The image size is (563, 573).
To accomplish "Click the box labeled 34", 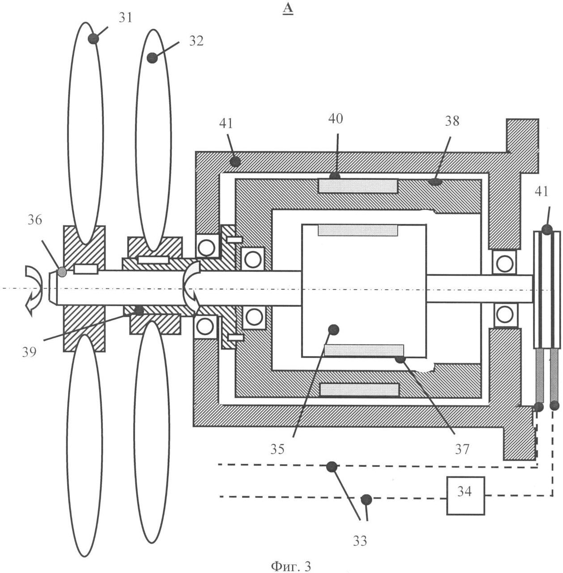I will coord(465,496).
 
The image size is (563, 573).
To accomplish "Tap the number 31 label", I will coord(125,18).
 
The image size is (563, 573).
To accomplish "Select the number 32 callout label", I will coord(196,41).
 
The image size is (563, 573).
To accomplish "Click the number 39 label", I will coord(30,352).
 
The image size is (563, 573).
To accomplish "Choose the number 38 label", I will coord(452,121).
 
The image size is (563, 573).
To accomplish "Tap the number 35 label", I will coord(277,449).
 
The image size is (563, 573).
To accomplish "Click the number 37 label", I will coord(462,449).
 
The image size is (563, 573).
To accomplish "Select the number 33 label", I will coord(360,541).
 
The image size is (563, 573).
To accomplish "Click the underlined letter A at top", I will coord(287,9).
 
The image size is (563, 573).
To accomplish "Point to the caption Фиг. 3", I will coord(290,566).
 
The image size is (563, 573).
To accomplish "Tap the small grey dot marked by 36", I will coord(62,272).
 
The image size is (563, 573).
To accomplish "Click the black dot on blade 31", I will coord(93,38).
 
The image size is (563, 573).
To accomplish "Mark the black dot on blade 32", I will coord(152,58).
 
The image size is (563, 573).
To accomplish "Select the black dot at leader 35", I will coord(333,330).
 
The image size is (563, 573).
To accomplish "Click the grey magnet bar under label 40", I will coord(358,186).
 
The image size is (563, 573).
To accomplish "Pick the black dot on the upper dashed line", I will coord(332,467).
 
